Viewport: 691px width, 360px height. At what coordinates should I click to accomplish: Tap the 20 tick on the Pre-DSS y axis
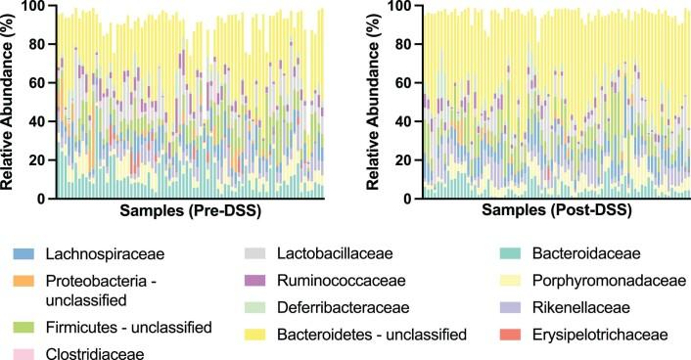pos(35,160)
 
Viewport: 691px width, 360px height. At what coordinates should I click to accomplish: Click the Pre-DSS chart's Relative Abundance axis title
pos(10,101)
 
